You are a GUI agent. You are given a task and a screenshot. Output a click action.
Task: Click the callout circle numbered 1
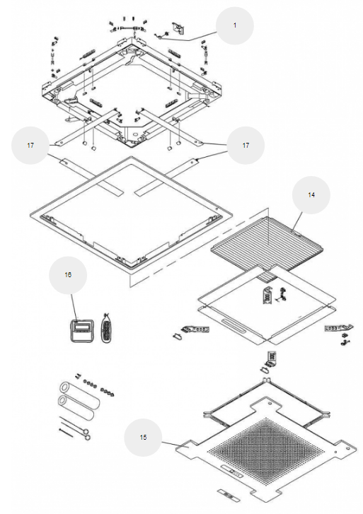(x=235, y=25)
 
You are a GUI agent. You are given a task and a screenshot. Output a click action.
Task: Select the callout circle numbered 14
(x=311, y=194)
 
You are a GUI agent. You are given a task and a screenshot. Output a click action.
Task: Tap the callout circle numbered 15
(x=143, y=438)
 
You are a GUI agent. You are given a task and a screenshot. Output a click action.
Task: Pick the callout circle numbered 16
(x=68, y=275)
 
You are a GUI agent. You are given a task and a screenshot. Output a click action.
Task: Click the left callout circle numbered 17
(x=30, y=145)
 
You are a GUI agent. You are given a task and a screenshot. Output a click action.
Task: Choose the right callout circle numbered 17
(x=246, y=145)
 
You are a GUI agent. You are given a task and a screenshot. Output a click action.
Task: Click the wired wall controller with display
(x=82, y=330)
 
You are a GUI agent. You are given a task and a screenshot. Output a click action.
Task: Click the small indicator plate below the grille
(x=230, y=496)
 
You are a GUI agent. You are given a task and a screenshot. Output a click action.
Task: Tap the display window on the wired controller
(x=81, y=326)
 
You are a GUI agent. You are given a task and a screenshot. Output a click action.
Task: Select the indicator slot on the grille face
(x=232, y=470)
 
